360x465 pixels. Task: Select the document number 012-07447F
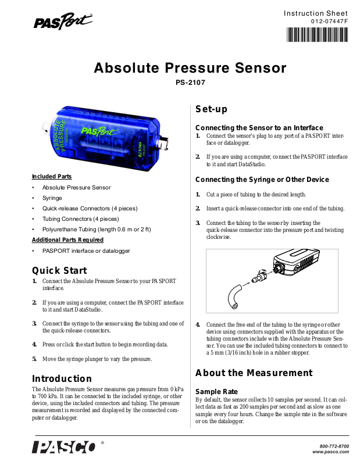329,22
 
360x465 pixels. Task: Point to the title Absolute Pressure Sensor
190,68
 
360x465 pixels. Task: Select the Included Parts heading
52,176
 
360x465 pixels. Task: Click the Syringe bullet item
52,198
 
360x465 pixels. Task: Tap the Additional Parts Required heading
67,239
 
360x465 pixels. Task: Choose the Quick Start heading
59,270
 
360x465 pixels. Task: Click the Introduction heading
62,379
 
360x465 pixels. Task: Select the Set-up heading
211,109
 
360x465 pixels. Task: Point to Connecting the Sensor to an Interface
259,127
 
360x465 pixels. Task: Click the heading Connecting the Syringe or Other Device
262,180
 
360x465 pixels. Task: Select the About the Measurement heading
254,373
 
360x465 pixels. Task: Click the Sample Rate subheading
216,392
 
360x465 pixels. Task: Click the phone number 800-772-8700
334,446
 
